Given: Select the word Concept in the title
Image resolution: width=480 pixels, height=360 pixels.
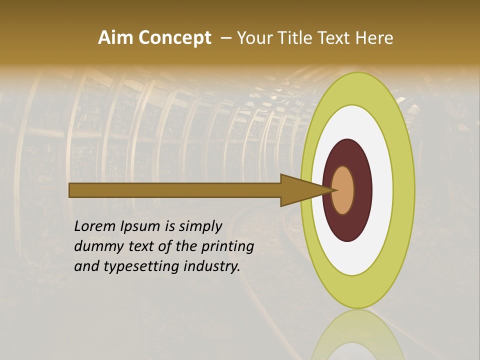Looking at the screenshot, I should click(174, 38).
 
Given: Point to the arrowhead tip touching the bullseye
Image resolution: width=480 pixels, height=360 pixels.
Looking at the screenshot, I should click(332, 190).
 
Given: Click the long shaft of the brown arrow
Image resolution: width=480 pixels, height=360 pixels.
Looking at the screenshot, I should click(175, 190).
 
